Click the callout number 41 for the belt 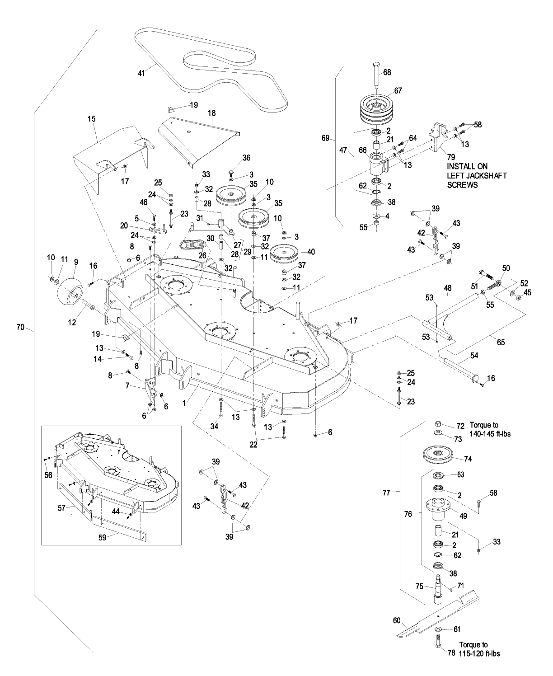(x=141, y=73)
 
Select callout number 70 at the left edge (x=20, y=327)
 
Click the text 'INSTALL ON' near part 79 (x=467, y=166)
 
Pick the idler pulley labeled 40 (x=284, y=254)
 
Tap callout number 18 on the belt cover (x=211, y=113)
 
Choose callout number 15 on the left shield (x=92, y=118)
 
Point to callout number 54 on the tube (x=474, y=356)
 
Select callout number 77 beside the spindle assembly (x=387, y=493)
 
